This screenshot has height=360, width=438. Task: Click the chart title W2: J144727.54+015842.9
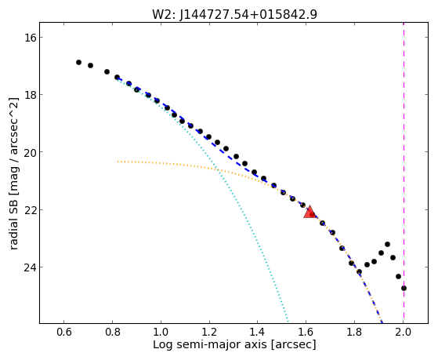[x=234, y=15]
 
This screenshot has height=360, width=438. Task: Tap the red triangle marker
[x=309, y=213]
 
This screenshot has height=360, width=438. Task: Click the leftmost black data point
[x=79, y=63]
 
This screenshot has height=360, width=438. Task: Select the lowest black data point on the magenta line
[x=404, y=288]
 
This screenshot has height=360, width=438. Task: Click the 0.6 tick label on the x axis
[x=64, y=332]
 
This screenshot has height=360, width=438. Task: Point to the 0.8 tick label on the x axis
[x=113, y=332]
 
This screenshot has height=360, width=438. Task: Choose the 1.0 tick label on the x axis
[x=161, y=332]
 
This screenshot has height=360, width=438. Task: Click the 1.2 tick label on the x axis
[x=209, y=332]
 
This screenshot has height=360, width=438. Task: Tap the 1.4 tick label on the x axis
[x=258, y=332]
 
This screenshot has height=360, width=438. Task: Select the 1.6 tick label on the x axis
[x=306, y=332]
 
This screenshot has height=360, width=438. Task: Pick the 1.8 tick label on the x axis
[x=354, y=332]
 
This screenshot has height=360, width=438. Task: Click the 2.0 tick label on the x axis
[x=403, y=332]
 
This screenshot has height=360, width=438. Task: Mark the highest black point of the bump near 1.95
[x=387, y=244]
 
